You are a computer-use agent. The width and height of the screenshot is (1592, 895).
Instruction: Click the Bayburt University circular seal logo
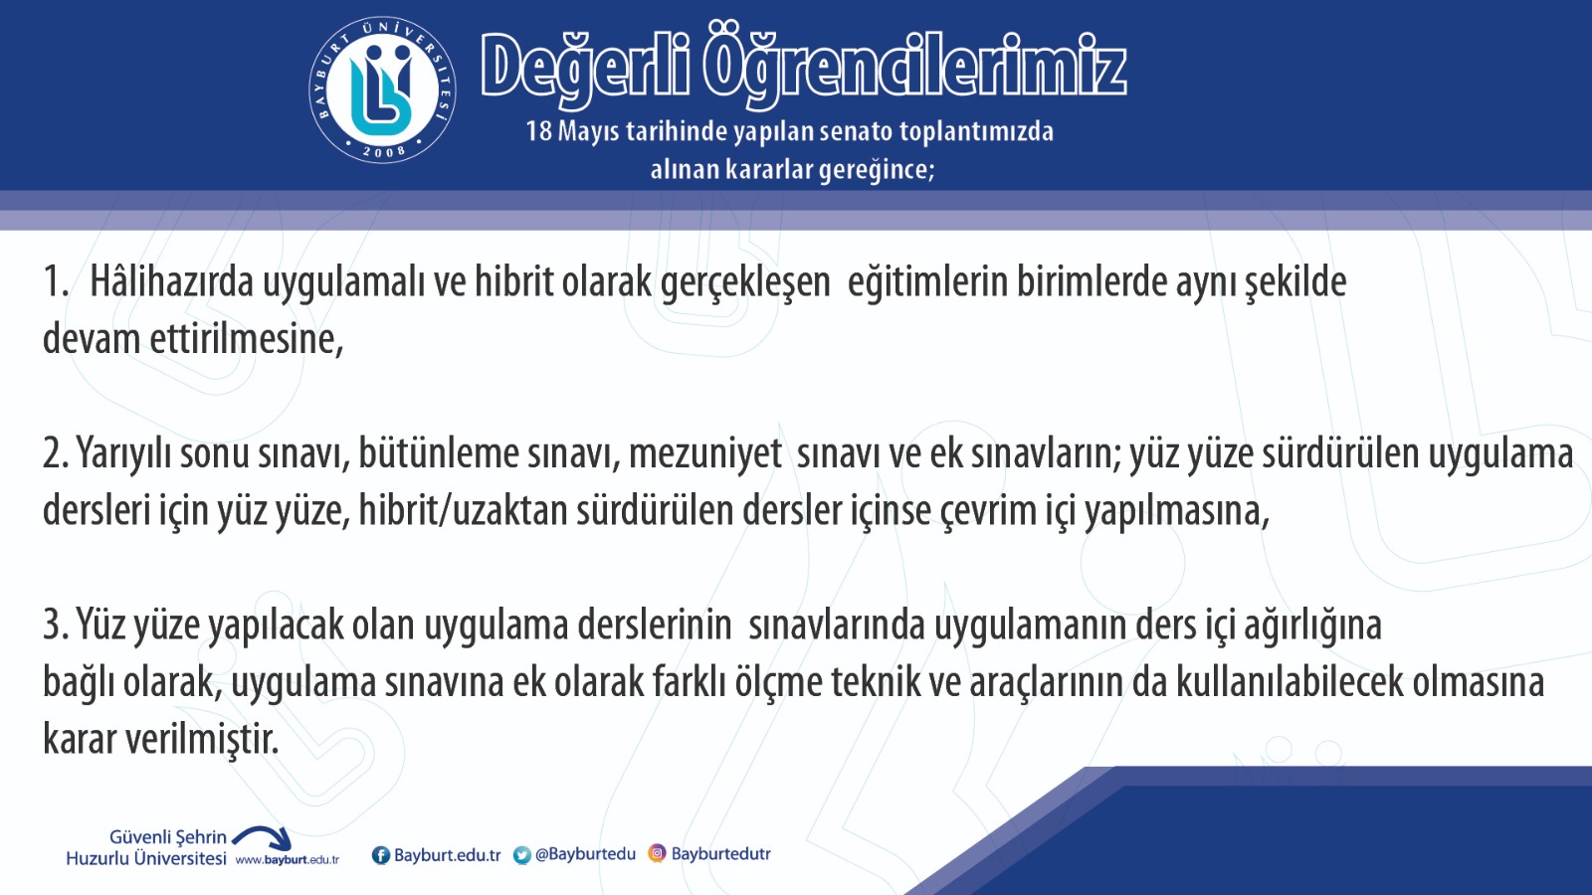tap(382, 89)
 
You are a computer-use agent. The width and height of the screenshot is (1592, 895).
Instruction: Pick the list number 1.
tap(55, 281)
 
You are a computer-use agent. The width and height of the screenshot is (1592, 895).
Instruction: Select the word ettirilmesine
tap(247, 339)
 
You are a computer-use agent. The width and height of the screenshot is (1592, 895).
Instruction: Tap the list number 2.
tap(56, 453)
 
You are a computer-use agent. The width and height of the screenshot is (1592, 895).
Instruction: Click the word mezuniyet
tap(705, 453)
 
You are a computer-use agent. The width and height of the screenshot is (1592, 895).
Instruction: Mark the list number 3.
tap(56, 626)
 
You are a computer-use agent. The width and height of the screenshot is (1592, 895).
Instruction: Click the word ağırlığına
tap(1312, 626)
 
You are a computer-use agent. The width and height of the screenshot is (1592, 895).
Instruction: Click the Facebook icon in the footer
tap(381, 855)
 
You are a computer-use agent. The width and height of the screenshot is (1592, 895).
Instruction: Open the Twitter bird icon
tap(522, 855)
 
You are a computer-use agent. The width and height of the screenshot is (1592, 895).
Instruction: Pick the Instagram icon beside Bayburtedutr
tap(658, 853)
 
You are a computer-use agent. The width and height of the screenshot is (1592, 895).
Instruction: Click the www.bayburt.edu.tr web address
tap(288, 859)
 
